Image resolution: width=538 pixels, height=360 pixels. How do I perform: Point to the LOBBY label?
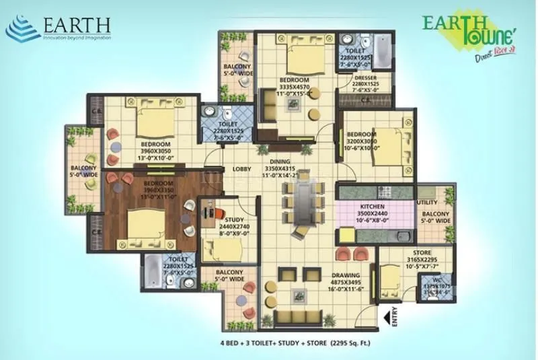click(x=242, y=169)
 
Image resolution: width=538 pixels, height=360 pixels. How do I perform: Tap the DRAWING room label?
click(x=344, y=275)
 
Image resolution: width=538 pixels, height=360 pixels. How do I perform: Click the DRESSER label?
click(x=365, y=78)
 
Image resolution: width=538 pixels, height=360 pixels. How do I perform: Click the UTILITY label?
click(x=427, y=203)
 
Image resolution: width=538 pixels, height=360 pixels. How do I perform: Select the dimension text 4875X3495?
click(x=344, y=283)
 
